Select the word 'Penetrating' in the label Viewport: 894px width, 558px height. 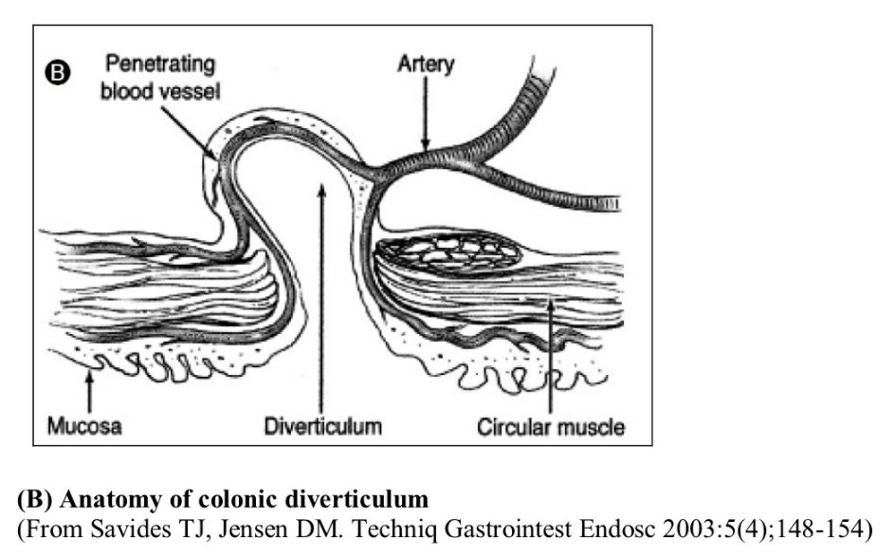pos(159,65)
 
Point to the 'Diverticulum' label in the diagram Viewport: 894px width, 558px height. pos(323,426)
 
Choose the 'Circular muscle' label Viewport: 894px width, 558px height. pos(551,426)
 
